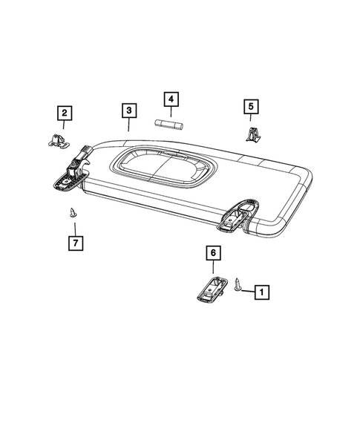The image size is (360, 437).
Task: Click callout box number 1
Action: tap(261, 292)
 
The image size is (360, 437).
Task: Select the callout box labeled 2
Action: tap(65, 113)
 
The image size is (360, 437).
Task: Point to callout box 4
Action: tap(170, 99)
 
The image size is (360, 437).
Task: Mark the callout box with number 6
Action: tap(212, 254)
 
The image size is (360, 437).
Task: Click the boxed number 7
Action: tap(74, 242)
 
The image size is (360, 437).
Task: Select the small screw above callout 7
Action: tap(73, 211)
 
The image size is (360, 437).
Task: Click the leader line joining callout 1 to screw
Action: tap(248, 292)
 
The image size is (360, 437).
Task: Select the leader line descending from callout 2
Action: tap(65, 125)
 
